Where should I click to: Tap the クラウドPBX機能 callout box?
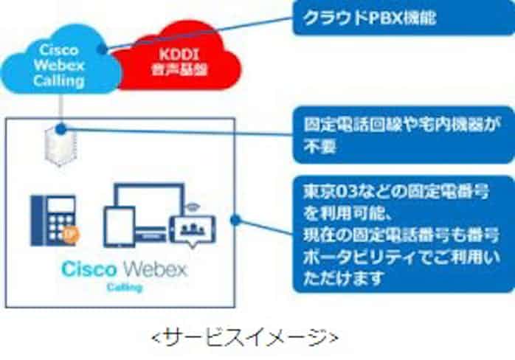401,18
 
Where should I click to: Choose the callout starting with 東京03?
401,232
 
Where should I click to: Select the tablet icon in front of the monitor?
117,226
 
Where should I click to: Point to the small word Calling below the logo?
125,285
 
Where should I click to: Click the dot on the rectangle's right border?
234,219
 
